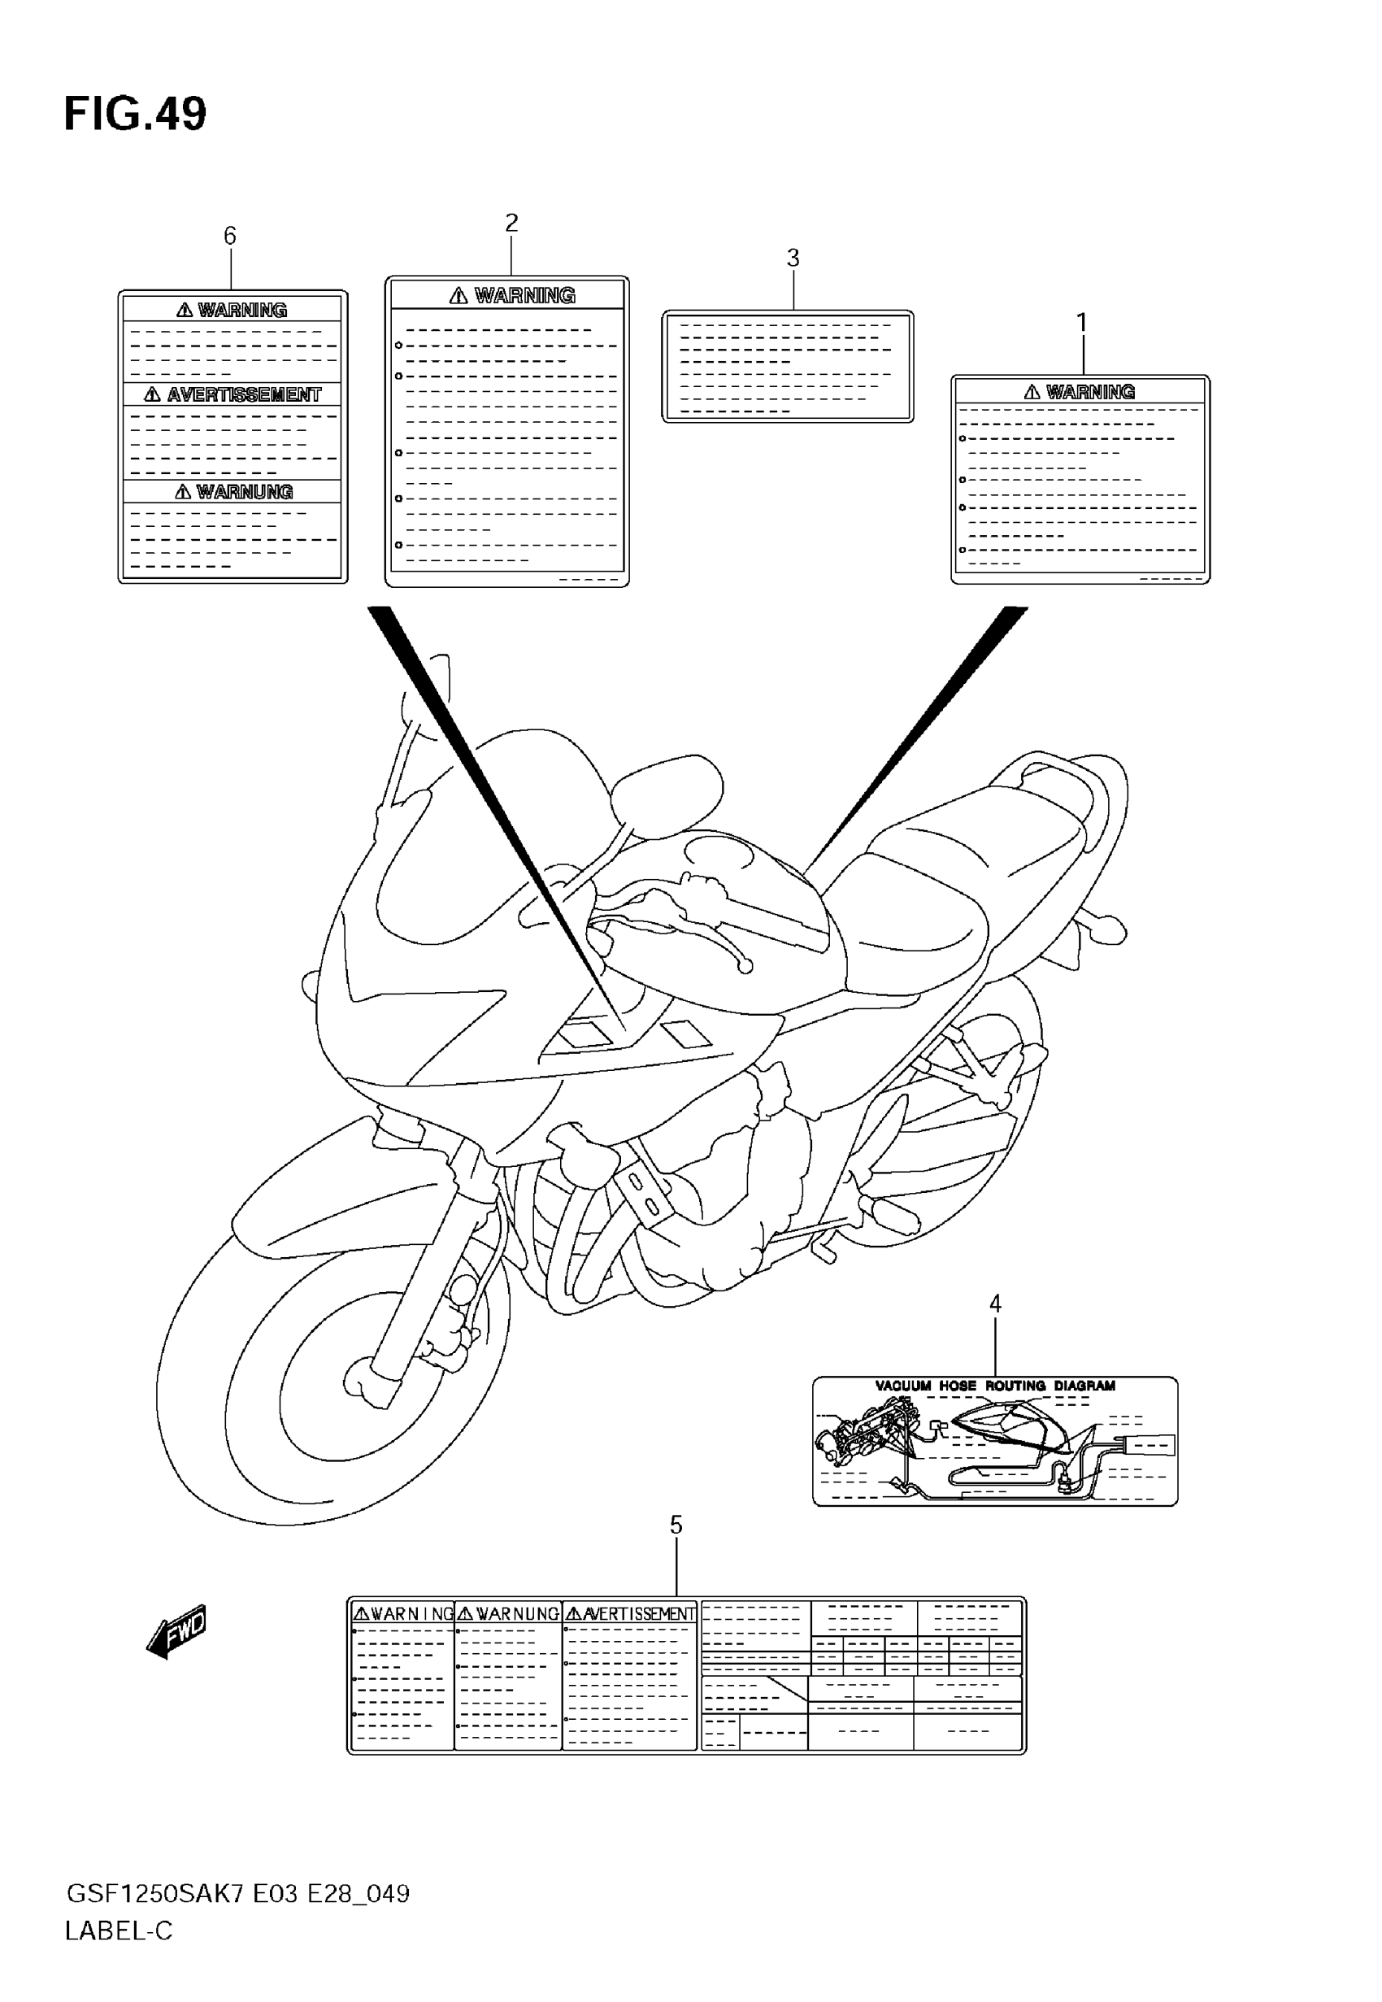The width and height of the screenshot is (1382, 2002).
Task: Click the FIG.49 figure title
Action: coord(135,115)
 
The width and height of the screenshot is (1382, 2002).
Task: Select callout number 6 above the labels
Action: coord(229,236)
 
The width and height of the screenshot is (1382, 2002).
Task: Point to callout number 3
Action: coord(793,258)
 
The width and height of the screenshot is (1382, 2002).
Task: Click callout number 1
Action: coord(1080,322)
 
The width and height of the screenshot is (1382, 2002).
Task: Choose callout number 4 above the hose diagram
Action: coord(995,1303)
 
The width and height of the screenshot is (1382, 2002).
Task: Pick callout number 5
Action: coord(676,1525)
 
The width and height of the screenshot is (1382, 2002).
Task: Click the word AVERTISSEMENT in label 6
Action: coord(243,395)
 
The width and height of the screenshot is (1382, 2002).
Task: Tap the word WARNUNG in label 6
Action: coord(244,492)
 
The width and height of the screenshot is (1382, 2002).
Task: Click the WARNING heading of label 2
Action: coord(524,296)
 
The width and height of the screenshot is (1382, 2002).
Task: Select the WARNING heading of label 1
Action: coord(1089,392)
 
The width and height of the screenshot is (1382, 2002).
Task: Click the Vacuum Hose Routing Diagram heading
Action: coord(995,1386)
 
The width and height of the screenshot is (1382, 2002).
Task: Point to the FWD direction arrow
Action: coord(177,1631)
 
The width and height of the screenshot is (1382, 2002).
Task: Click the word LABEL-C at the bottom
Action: coord(119,1931)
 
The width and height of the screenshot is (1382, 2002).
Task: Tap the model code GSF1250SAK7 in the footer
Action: coord(155,1895)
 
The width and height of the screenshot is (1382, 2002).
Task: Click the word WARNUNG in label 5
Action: coord(517,1614)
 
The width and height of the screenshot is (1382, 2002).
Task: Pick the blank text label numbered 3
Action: coord(787,366)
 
